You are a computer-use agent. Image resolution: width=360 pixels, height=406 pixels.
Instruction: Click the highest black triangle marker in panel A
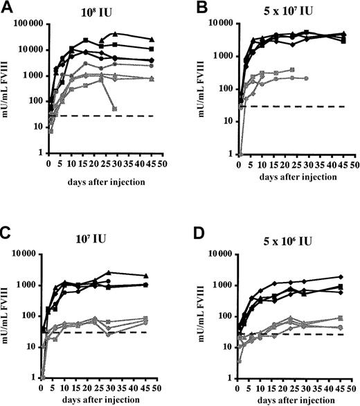(116, 33)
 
